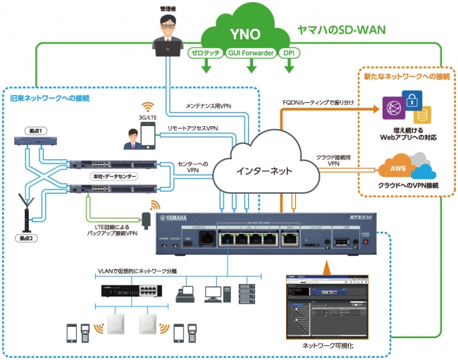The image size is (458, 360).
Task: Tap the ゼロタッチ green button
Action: [x=206, y=53]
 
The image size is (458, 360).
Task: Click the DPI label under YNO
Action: [x=289, y=53]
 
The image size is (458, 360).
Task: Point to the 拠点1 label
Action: [x=27, y=130]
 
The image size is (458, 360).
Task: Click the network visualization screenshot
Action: [x=327, y=304]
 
